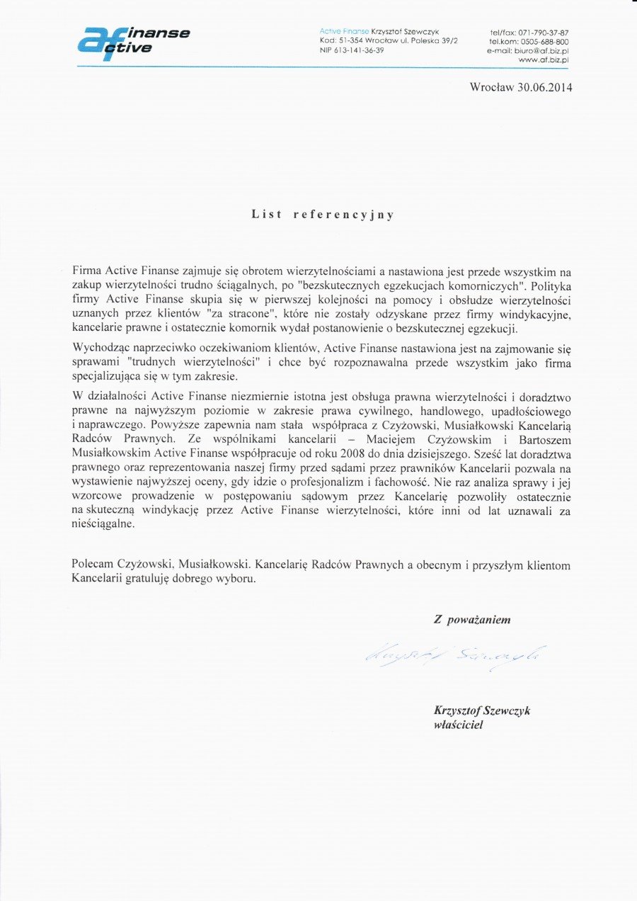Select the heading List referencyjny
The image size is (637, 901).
tap(323, 214)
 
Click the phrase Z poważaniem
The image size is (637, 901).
tap(472, 620)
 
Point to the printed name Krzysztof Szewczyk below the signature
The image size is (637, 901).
tap(481, 710)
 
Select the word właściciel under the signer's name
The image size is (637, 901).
tap(458, 725)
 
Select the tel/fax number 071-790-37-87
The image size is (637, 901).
tap(544, 33)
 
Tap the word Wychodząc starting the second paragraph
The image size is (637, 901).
tap(100, 349)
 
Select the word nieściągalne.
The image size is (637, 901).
tap(102, 525)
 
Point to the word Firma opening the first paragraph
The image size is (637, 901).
tap(87, 271)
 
